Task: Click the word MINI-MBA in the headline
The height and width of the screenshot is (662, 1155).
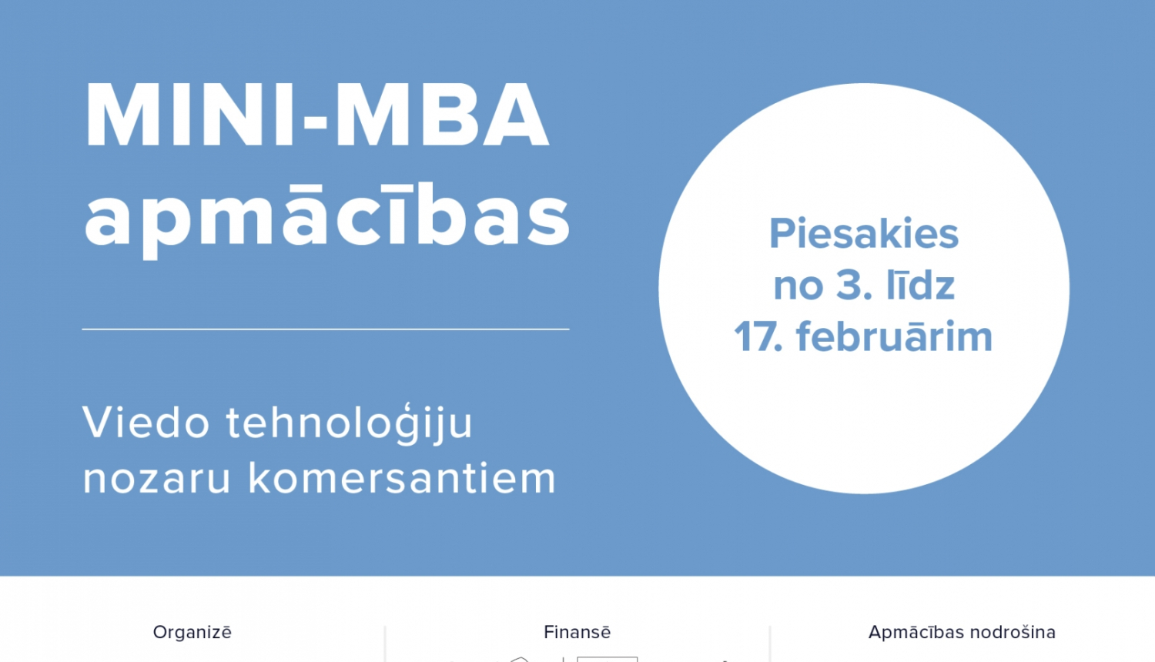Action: click(316, 115)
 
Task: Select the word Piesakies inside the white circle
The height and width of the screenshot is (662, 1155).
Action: click(864, 234)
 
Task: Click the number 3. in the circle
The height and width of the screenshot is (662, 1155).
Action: click(854, 286)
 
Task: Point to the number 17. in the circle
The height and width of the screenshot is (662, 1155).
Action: click(758, 337)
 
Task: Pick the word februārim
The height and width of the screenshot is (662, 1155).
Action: click(894, 337)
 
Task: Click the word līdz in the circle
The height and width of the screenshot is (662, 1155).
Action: click(921, 286)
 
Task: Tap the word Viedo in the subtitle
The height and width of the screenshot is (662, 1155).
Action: click(146, 423)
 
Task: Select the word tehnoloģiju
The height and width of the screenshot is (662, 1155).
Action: click(349, 424)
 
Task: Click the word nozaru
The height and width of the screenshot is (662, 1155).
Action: click(157, 478)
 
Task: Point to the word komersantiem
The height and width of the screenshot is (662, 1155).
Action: click(402, 478)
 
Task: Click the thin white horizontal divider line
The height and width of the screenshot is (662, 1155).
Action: click(326, 329)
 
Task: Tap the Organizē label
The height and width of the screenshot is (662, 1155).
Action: click(192, 632)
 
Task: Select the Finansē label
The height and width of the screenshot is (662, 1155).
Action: click(577, 632)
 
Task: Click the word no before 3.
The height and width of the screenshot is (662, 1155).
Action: click(798, 286)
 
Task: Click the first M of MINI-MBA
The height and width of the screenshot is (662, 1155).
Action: click(122, 115)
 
